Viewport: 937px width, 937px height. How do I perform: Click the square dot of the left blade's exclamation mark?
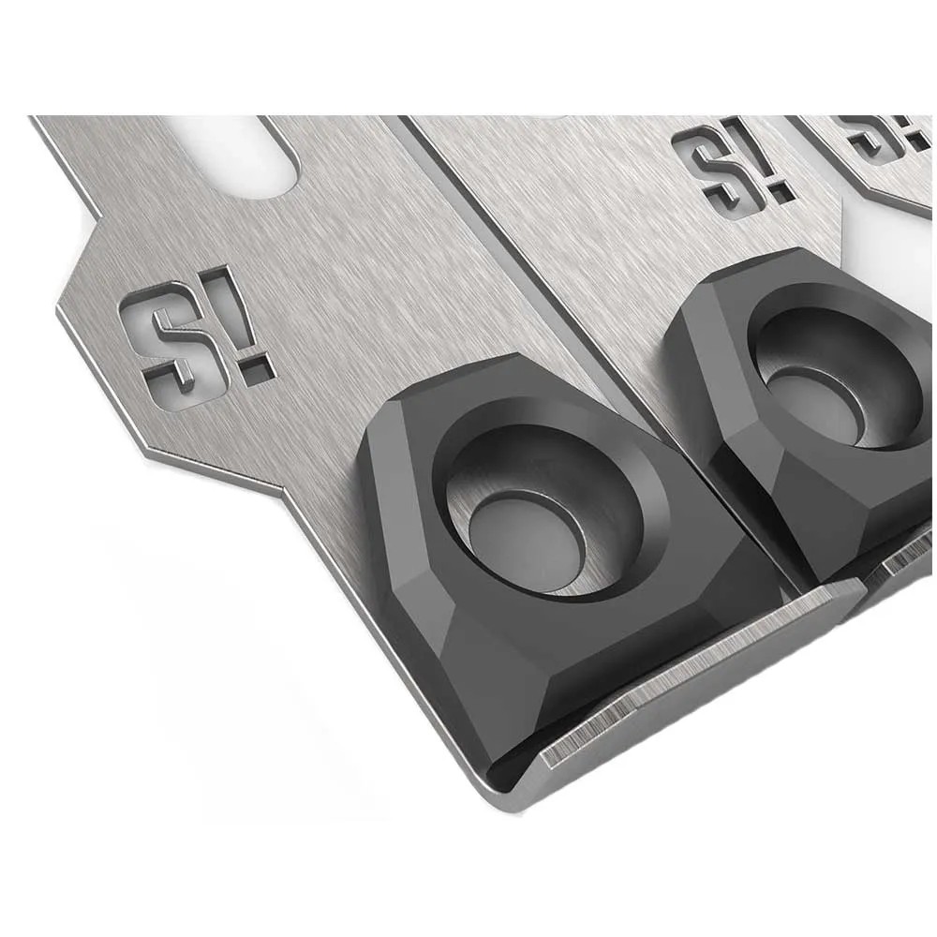click(x=259, y=371)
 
